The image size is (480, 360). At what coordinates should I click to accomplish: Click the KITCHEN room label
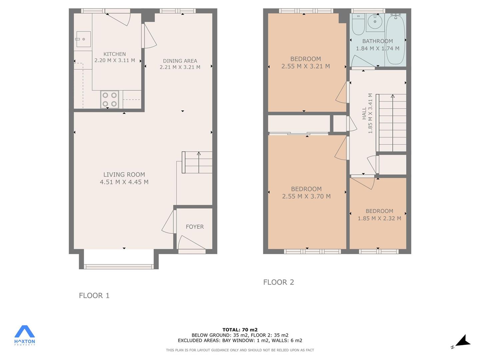coord(114,54)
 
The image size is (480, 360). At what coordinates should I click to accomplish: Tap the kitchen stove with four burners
coord(110,99)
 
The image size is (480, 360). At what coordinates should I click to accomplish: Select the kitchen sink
coord(84,39)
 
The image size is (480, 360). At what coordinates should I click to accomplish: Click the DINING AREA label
coord(180,61)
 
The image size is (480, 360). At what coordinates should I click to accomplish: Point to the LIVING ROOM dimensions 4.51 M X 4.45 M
coord(124,182)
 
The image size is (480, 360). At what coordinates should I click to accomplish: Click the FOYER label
coord(195,227)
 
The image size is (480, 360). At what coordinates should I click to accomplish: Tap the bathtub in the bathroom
coord(395,39)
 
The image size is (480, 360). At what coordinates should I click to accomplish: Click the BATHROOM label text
coord(377,41)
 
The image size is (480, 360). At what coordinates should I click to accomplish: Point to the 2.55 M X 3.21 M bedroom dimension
coord(305,66)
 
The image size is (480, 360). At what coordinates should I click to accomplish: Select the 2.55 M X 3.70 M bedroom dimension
coord(306,196)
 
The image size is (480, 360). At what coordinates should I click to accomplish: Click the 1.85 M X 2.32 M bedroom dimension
coord(379,218)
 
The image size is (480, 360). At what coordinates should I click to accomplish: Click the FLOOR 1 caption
coord(94,296)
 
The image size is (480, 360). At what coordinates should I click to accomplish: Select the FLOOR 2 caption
coord(279,282)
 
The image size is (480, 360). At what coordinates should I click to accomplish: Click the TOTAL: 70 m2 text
coord(240,330)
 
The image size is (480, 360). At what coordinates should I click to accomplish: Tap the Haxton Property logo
coord(25,336)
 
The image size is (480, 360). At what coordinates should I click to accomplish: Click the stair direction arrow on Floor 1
coord(199,162)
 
